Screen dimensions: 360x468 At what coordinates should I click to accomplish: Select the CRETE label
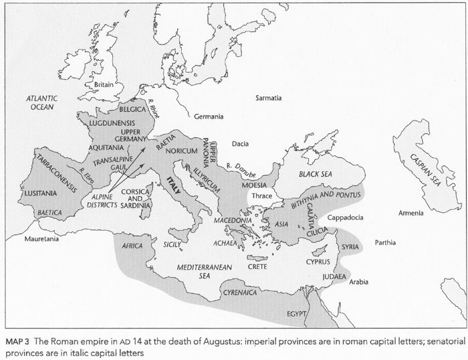[x=257, y=266]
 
